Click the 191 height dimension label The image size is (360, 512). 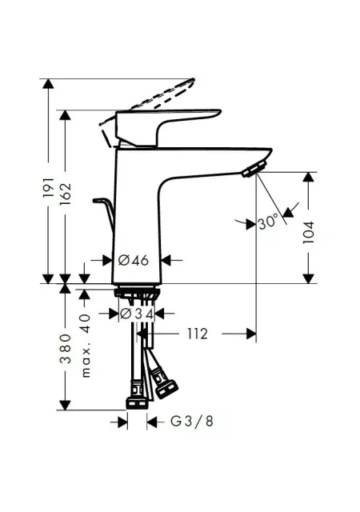pos(48,188)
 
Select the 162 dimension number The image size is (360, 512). pos(66,194)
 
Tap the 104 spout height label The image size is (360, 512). pos(308,232)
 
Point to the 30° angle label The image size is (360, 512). pos(268,222)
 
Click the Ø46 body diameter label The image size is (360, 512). pos(134,260)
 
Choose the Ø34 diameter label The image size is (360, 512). pos(137,314)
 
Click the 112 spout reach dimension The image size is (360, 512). pos(198,334)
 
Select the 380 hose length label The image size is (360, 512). pos(66,349)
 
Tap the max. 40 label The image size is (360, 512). pos(86,346)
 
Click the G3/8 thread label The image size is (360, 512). pos(192,422)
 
